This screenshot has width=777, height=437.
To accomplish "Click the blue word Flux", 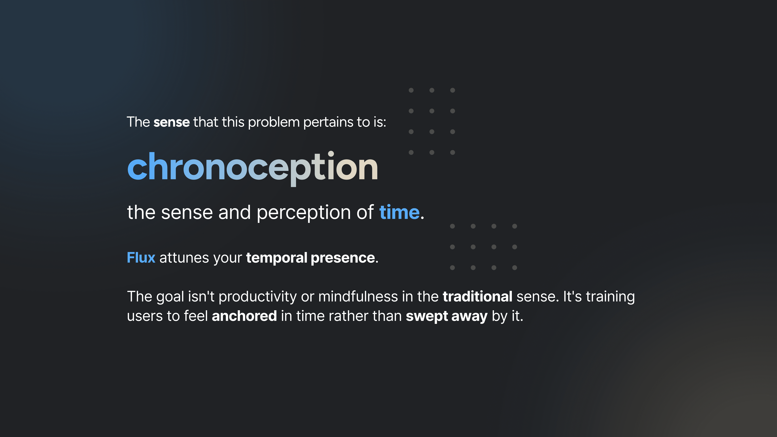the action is [141, 258].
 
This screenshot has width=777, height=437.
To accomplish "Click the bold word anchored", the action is [244, 316].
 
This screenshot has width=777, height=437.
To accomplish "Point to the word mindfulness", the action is [358, 296].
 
